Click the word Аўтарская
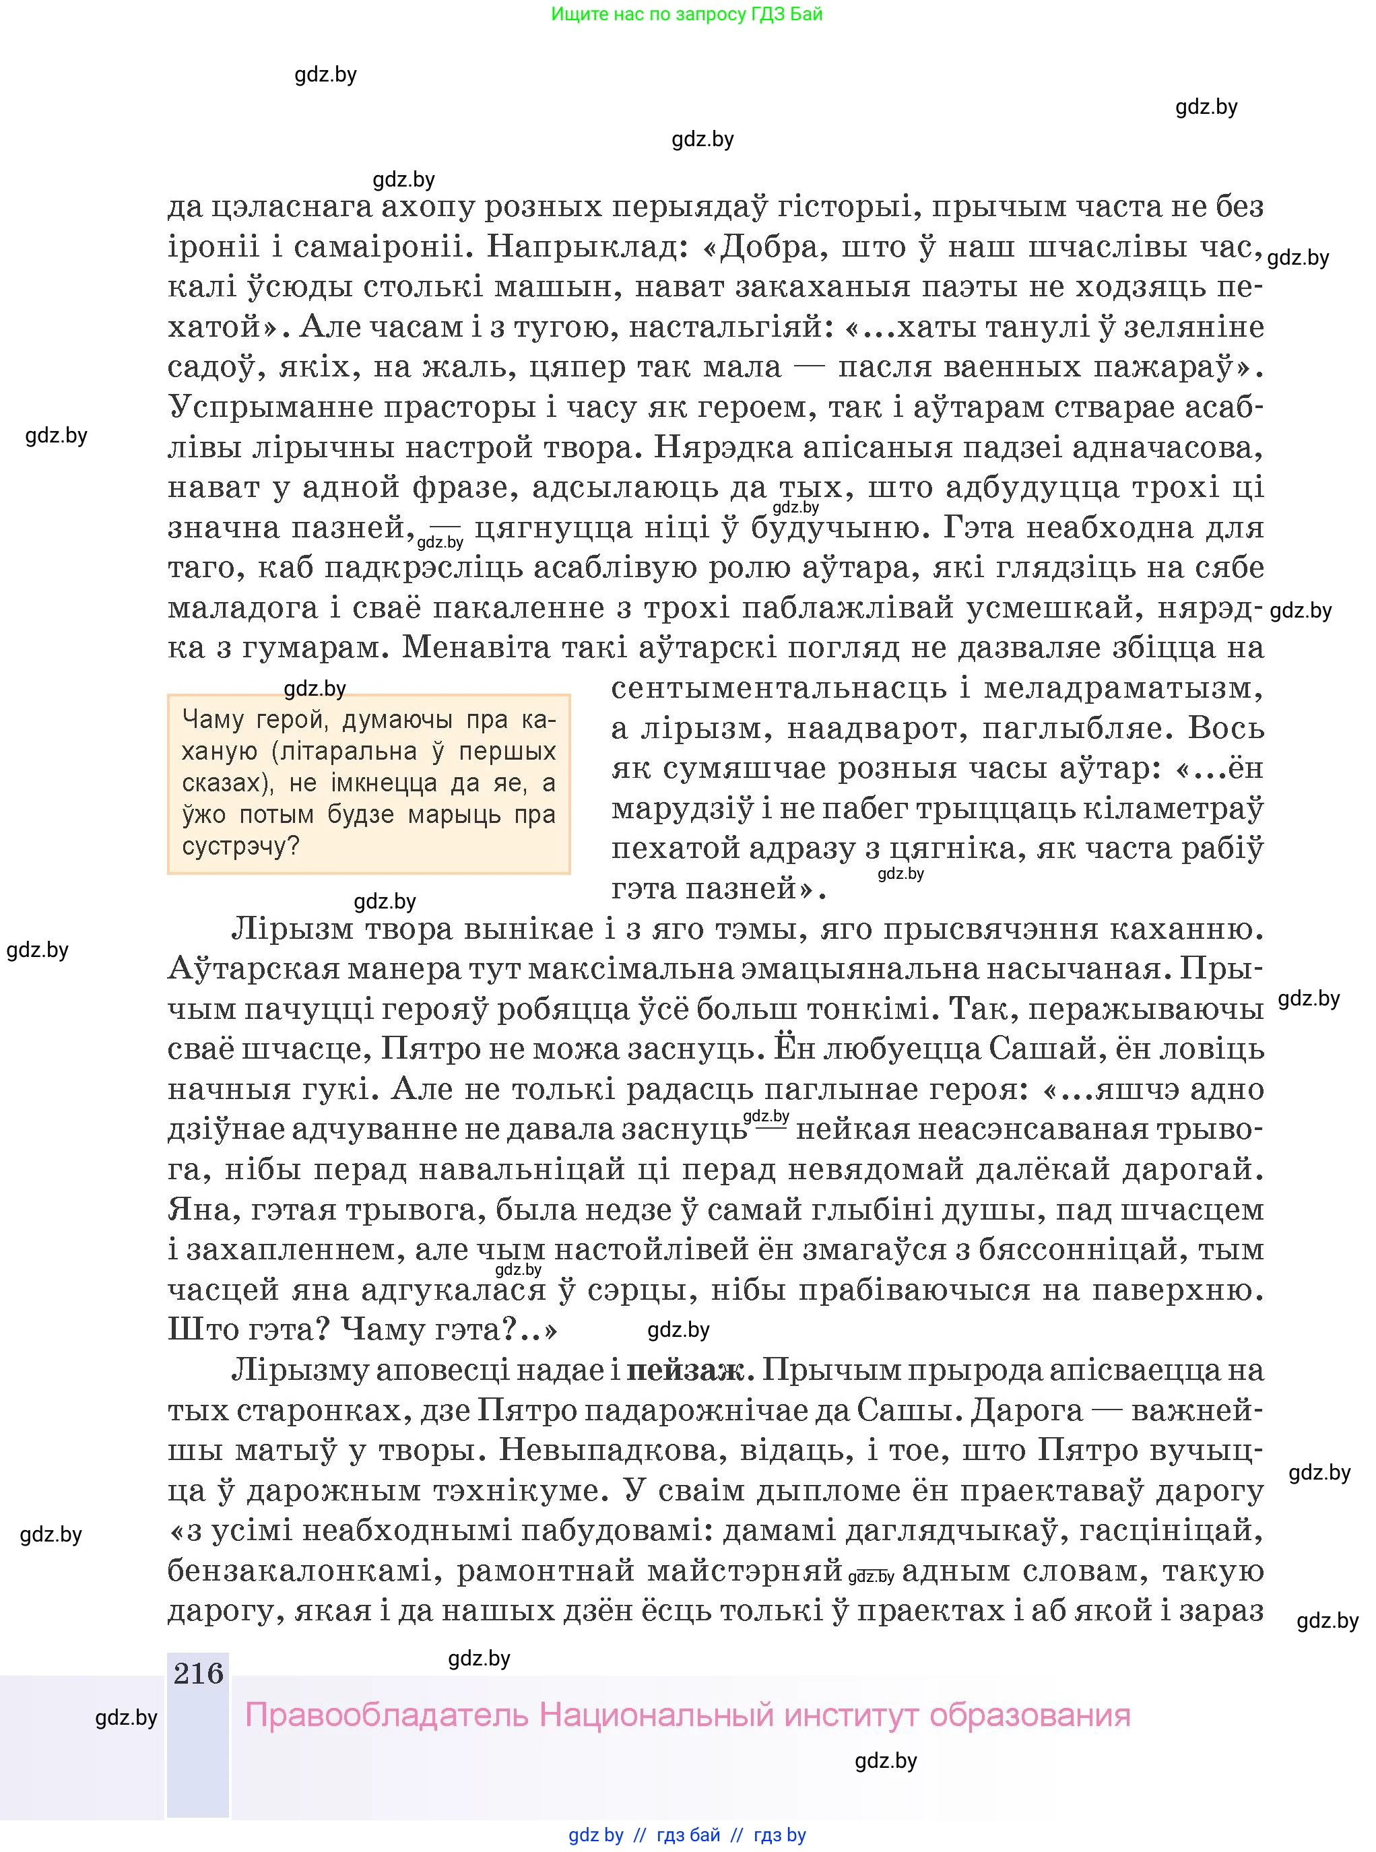[x=254, y=969]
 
